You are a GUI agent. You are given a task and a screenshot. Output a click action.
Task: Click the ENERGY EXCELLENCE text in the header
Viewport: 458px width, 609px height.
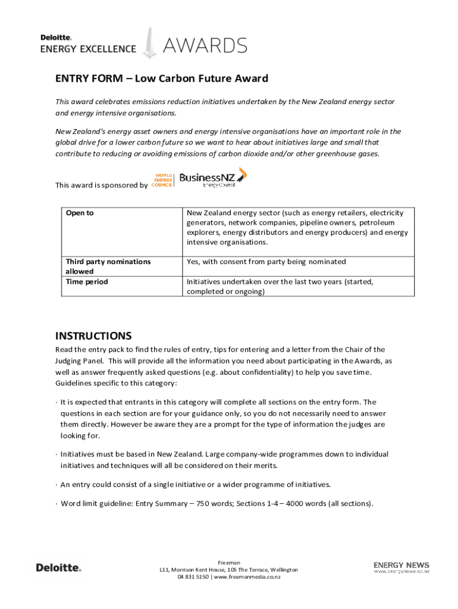point(88,49)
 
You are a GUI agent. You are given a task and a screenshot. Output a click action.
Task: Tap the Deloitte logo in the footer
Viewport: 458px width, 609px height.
point(58,567)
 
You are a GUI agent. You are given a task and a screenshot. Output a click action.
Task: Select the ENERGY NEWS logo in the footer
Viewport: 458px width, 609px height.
point(401,565)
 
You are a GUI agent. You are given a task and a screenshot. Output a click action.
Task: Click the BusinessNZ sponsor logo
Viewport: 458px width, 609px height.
point(212,178)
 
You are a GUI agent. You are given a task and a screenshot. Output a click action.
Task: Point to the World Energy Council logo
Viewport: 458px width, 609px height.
point(162,180)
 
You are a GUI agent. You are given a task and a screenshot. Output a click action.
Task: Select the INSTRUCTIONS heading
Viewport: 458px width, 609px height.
point(93,335)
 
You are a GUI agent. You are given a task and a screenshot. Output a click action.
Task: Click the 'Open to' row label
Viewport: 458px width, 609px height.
point(80,213)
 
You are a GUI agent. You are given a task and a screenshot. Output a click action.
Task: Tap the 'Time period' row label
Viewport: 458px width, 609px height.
point(87,282)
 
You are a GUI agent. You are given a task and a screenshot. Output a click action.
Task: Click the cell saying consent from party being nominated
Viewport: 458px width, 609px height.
point(266,262)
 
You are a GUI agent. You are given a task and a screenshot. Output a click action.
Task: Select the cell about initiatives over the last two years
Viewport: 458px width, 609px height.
point(280,287)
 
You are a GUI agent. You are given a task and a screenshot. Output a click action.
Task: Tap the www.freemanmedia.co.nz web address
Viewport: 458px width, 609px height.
point(247,577)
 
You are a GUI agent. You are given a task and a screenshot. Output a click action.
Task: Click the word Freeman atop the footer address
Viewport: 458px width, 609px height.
point(229,562)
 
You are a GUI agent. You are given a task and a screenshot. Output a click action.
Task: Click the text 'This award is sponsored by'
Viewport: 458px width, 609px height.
point(101,185)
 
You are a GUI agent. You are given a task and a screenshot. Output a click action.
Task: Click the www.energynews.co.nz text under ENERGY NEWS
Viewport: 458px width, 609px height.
point(401,572)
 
